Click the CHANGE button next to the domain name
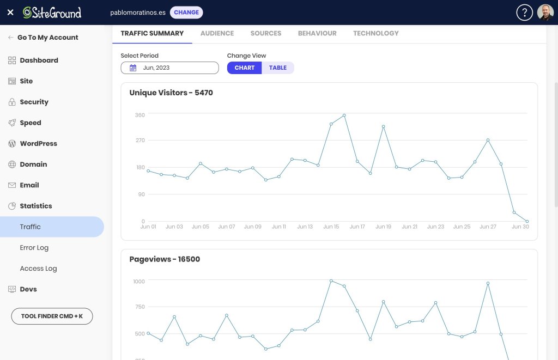pos(186,13)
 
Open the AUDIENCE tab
pos(217,33)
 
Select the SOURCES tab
pos(266,33)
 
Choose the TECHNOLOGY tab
pos(376,33)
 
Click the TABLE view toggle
pos(277,68)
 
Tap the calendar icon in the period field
pos(133,68)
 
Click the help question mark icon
pos(524,13)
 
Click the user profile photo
pos(545,13)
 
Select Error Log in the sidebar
pos(34,248)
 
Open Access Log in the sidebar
pos(39,269)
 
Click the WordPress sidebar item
pos(39,143)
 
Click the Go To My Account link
pos(48,38)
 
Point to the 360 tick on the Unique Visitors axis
pos(140,115)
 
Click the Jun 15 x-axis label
pos(331,227)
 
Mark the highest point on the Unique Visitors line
pos(344,115)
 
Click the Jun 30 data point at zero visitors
pos(527,221)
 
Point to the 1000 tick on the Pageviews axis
pos(139,282)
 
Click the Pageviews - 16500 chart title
pos(165,259)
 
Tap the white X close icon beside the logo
pos(10,13)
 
